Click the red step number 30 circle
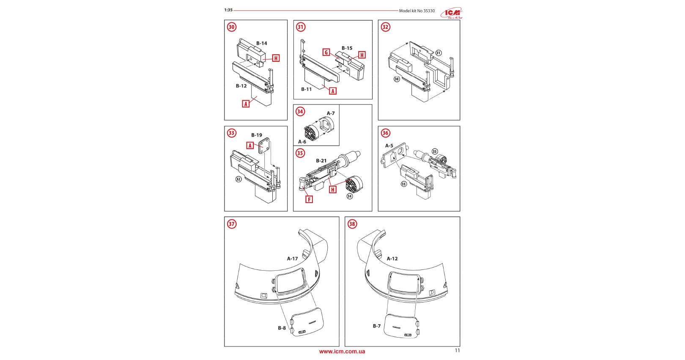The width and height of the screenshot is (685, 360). click(x=232, y=27)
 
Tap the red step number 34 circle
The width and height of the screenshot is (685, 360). click(x=300, y=112)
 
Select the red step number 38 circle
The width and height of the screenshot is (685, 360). click(x=352, y=224)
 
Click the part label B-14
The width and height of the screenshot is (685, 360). click(x=262, y=43)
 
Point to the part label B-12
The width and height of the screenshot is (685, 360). click(x=241, y=86)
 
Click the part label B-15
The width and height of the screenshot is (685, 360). click(x=347, y=48)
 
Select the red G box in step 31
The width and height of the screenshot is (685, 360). click(x=326, y=52)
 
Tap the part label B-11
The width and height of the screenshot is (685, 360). click(x=306, y=89)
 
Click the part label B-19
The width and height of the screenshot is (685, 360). click(x=257, y=135)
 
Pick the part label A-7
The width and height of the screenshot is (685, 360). click(x=331, y=113)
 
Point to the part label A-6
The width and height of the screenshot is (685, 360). click(x=302, y=142)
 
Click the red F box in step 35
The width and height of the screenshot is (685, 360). click(x=309, y=199)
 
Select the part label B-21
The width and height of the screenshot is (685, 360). click(x=321, y=161)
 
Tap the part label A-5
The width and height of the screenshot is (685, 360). click(x=389, y=146)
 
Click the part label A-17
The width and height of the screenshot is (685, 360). click(x=292, y=258)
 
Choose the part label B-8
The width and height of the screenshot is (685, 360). click(x=282, y=328)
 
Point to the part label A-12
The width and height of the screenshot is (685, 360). click(x=392, y=258)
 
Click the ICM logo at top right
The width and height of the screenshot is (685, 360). click(x=452, y=13)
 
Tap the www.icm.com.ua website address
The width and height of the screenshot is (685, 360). click(x=342, y=352)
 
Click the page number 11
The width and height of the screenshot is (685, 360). click(x=457, y=350)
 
